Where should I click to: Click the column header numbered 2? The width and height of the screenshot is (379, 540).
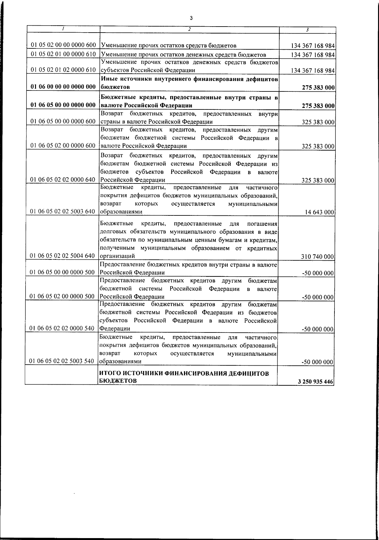point(189,29)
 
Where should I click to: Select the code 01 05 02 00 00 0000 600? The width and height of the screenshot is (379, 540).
point(63,46)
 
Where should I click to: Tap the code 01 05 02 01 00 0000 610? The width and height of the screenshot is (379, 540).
point(63,54)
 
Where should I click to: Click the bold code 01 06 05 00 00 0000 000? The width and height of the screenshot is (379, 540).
point(63,105)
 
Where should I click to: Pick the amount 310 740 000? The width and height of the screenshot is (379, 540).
point(318,257)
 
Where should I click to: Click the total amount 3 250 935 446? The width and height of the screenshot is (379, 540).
point(315,382)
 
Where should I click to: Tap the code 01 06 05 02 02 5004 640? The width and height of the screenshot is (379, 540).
point(63,256)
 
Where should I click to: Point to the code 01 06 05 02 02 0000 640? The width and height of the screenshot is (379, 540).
point(63,180)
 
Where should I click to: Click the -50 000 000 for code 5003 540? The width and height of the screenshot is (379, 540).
point(318,362)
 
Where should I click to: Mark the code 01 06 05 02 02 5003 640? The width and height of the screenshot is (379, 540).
point(63,211)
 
